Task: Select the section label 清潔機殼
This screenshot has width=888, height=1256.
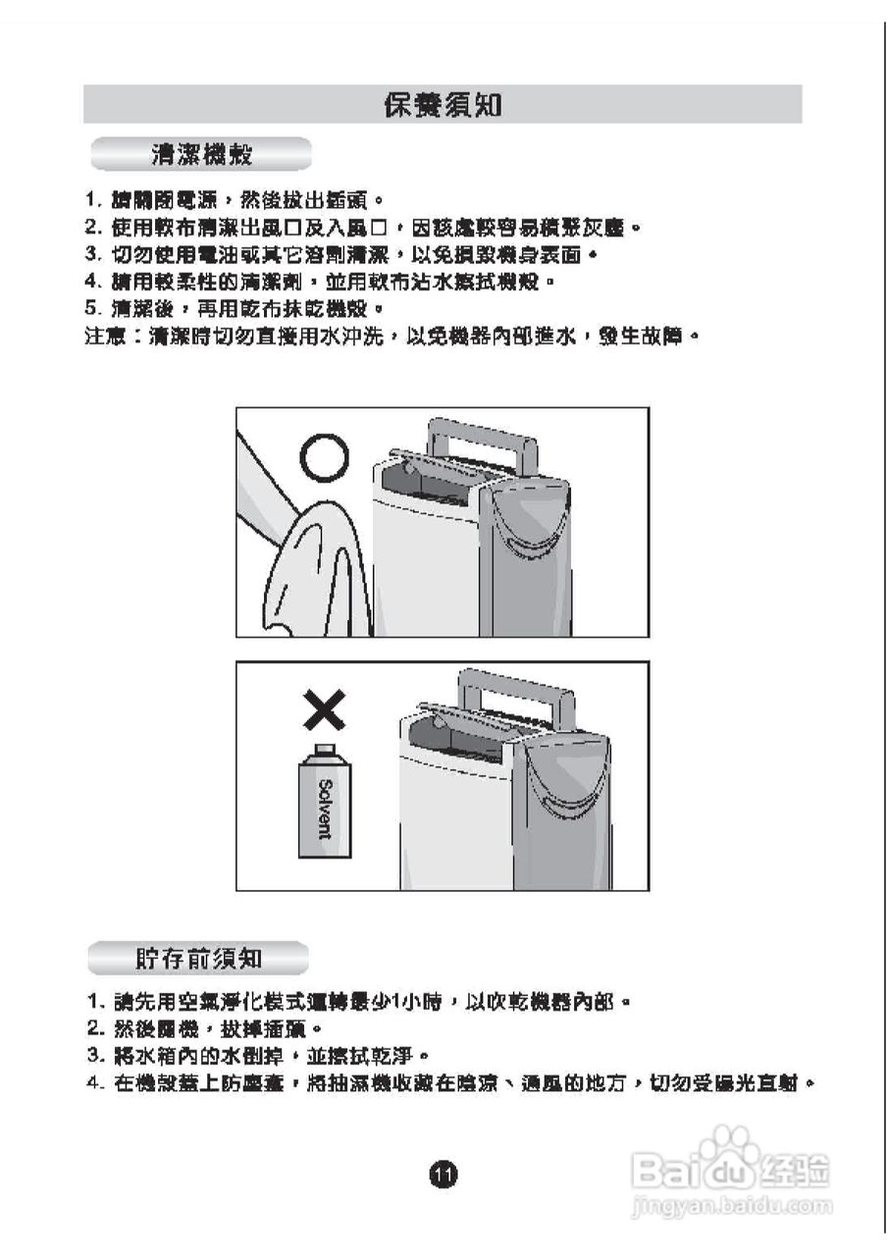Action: [201, 154]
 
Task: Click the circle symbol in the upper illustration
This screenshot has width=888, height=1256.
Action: [324, 457]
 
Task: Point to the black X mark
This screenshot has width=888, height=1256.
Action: [324, 708]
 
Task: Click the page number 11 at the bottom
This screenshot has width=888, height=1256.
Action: [443, 1173]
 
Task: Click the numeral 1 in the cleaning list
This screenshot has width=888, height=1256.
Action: [91, 200]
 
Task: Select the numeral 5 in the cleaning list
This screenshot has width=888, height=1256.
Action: [91, 309]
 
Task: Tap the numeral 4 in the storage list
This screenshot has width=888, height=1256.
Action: [93, 1084]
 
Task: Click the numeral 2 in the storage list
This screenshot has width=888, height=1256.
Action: [93, 1029]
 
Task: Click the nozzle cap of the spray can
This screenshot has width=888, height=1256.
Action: [324, 750]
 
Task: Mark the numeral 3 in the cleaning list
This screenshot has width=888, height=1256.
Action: [91, 255]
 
